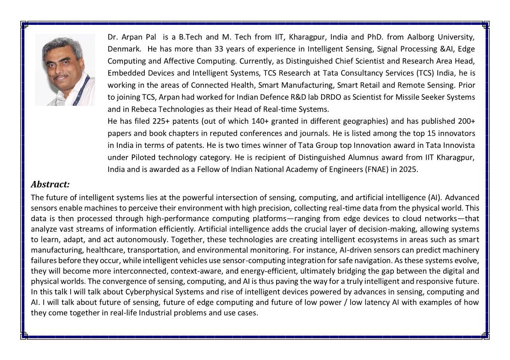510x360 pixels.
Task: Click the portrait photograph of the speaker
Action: [65, 69]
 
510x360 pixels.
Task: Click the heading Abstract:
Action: [50, 185]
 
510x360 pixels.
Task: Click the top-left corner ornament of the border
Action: [24, 25]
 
